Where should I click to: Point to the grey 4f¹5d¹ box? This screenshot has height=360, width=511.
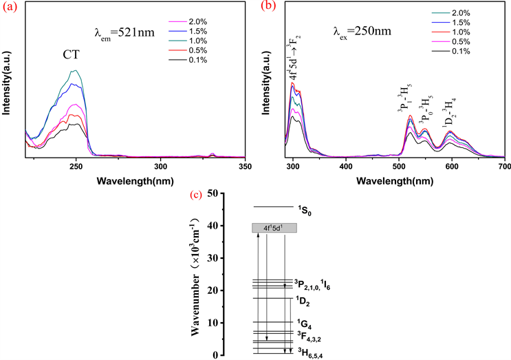point(274,228)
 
